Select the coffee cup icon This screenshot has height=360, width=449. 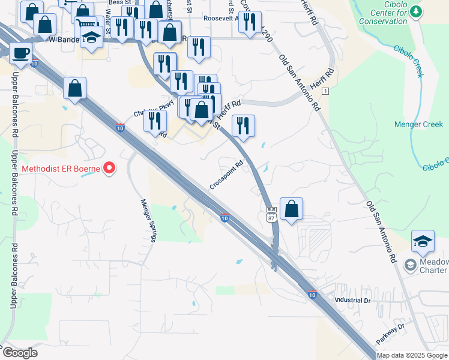20,52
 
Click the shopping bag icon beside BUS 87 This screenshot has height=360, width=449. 291,209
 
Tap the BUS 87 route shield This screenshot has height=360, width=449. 271,214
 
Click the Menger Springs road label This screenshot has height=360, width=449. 148,220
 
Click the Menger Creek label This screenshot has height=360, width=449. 418,125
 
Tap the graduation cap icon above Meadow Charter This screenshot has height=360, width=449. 423,241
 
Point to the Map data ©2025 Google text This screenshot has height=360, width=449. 412,355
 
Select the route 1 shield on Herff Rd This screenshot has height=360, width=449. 325,91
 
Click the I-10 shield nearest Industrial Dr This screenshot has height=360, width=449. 312,294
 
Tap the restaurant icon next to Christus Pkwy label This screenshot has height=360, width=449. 155,121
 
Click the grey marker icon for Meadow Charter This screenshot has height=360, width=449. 410,265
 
